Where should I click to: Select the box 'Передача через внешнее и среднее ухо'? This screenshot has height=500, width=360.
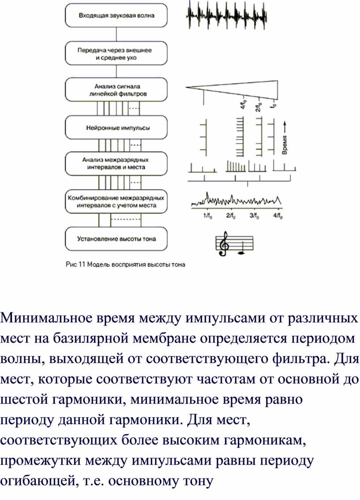116,53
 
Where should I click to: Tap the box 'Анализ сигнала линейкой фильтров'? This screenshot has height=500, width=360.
116,90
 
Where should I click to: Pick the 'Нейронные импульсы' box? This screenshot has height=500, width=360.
116,128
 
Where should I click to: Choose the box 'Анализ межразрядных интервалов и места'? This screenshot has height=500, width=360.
116,163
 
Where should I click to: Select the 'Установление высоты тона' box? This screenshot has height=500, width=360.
116,239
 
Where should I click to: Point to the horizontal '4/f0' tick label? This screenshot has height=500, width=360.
278,216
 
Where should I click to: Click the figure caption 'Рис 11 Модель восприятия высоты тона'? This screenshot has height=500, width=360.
125,265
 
